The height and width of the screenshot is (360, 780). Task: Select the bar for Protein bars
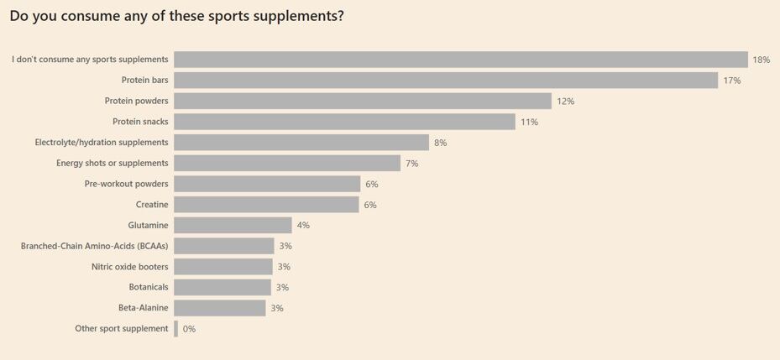point(446,81)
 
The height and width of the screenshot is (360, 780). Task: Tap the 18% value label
point(761,60)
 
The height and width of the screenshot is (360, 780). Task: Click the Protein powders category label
point(136,101)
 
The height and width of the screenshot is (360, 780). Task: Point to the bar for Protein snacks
point(344,122)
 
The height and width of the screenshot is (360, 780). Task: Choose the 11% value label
point(529,122)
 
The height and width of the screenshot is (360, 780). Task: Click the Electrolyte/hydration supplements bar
point(301,143)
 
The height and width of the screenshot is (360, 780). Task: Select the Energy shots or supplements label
point(113,163)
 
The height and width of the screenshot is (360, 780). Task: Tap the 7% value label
point(411,164)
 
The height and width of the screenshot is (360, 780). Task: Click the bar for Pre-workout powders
point(267,184)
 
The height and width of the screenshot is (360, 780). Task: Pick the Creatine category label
point(152,205)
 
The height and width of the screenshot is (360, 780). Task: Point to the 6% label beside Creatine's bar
point(370,205)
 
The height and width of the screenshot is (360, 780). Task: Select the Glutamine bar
point(233,225)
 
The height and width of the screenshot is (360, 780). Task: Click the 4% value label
point(303,225)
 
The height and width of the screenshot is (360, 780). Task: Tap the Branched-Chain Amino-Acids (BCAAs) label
point(94,246)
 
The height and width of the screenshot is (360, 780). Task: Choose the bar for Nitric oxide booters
point(223,267)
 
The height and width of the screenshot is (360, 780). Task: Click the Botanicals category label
point(149,287)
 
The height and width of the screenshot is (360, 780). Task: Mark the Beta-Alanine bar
point(220,308)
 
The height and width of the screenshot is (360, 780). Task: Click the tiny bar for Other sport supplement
point(175,329)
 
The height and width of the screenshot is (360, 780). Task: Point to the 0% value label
point(189,329)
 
